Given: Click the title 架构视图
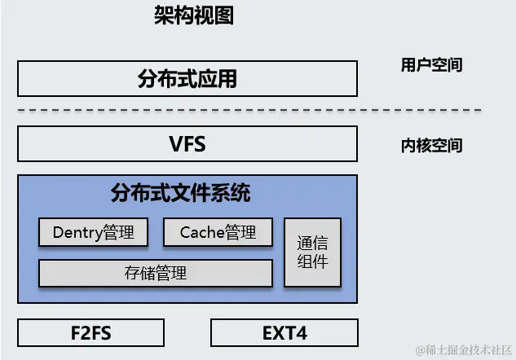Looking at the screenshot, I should tap(194, 15).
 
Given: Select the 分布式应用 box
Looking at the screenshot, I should tap(187, 79).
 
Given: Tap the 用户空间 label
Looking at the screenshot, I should tap(431, 65).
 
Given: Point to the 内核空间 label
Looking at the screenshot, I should tap(431, 146).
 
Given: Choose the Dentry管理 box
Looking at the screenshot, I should tap(93, 232).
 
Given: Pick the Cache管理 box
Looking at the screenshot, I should tap(218, 232).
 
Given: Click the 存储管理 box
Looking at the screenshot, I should tap(155, 273).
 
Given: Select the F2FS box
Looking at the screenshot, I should tap(90, 332).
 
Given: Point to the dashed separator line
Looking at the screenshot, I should tap(249, 110).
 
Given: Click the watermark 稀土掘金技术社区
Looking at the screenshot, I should tap(463, 349).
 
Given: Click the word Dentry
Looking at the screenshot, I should tap(77, 232).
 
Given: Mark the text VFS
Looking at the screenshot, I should tap(187, 145).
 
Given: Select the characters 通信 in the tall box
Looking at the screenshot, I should tap(312, 243).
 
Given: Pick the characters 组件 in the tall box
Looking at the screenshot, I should tap(312, 261).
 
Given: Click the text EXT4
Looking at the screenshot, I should tap(284, 332).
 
